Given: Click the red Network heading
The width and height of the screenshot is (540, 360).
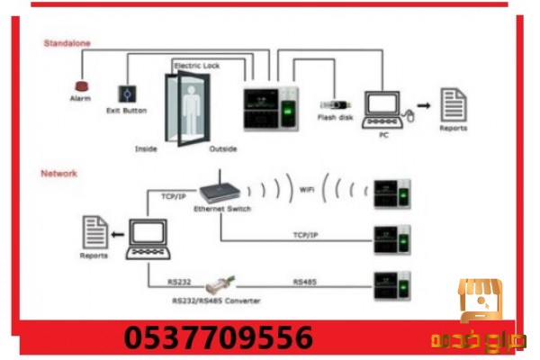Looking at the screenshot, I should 59,172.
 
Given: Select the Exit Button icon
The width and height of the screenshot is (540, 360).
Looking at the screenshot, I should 125,93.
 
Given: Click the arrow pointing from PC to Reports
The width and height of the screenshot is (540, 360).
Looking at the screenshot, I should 423,106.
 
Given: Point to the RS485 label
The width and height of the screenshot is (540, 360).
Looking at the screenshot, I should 303,282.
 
